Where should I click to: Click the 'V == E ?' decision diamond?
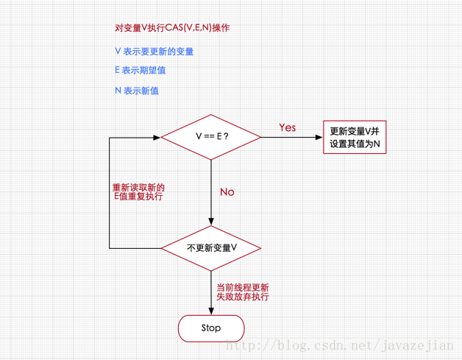point(211,137)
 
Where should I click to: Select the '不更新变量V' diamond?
point(211,248)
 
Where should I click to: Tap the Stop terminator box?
point(211,328)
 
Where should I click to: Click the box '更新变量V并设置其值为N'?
point(355,138)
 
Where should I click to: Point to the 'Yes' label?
point(288,127)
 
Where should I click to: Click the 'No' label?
point(227,192)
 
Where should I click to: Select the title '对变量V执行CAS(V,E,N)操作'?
point(172,28)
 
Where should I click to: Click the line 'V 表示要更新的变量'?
point(154,52)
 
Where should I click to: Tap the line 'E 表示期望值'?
point(141,71)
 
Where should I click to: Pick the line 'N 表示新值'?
point(137,91)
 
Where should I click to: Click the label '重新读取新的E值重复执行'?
point(138,192)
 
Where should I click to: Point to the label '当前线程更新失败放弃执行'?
point(242,292)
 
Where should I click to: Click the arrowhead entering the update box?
point(319,137)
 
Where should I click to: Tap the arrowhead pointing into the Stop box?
point(211,311)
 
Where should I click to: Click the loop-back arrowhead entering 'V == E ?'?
point(157,137)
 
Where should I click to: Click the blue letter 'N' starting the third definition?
point(118,91)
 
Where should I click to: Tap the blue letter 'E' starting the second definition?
point(118,71)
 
